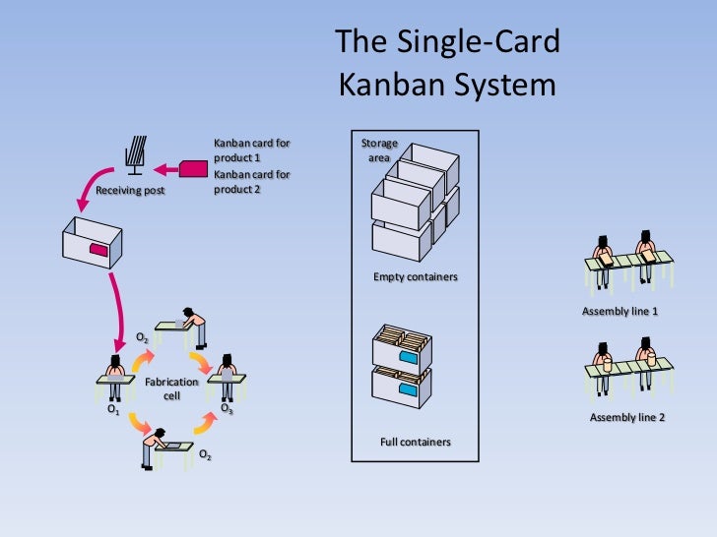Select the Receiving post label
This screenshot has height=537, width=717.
pos(130,191)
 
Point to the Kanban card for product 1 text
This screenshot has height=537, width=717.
pos(251,149)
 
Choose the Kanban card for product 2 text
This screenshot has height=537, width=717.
pos(251,182)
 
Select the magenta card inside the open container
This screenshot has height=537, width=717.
pos(99,250)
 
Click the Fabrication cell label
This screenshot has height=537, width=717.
pos(171,388)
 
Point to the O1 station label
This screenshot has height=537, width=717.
pos(112,412)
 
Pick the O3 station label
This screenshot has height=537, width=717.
pos(227,406)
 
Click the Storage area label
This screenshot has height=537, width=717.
pos(379,149)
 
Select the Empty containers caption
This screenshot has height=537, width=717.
pos(415,277)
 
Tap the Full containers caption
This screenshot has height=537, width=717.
pos(415,442)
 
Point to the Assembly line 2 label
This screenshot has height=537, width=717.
pos(627,417)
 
